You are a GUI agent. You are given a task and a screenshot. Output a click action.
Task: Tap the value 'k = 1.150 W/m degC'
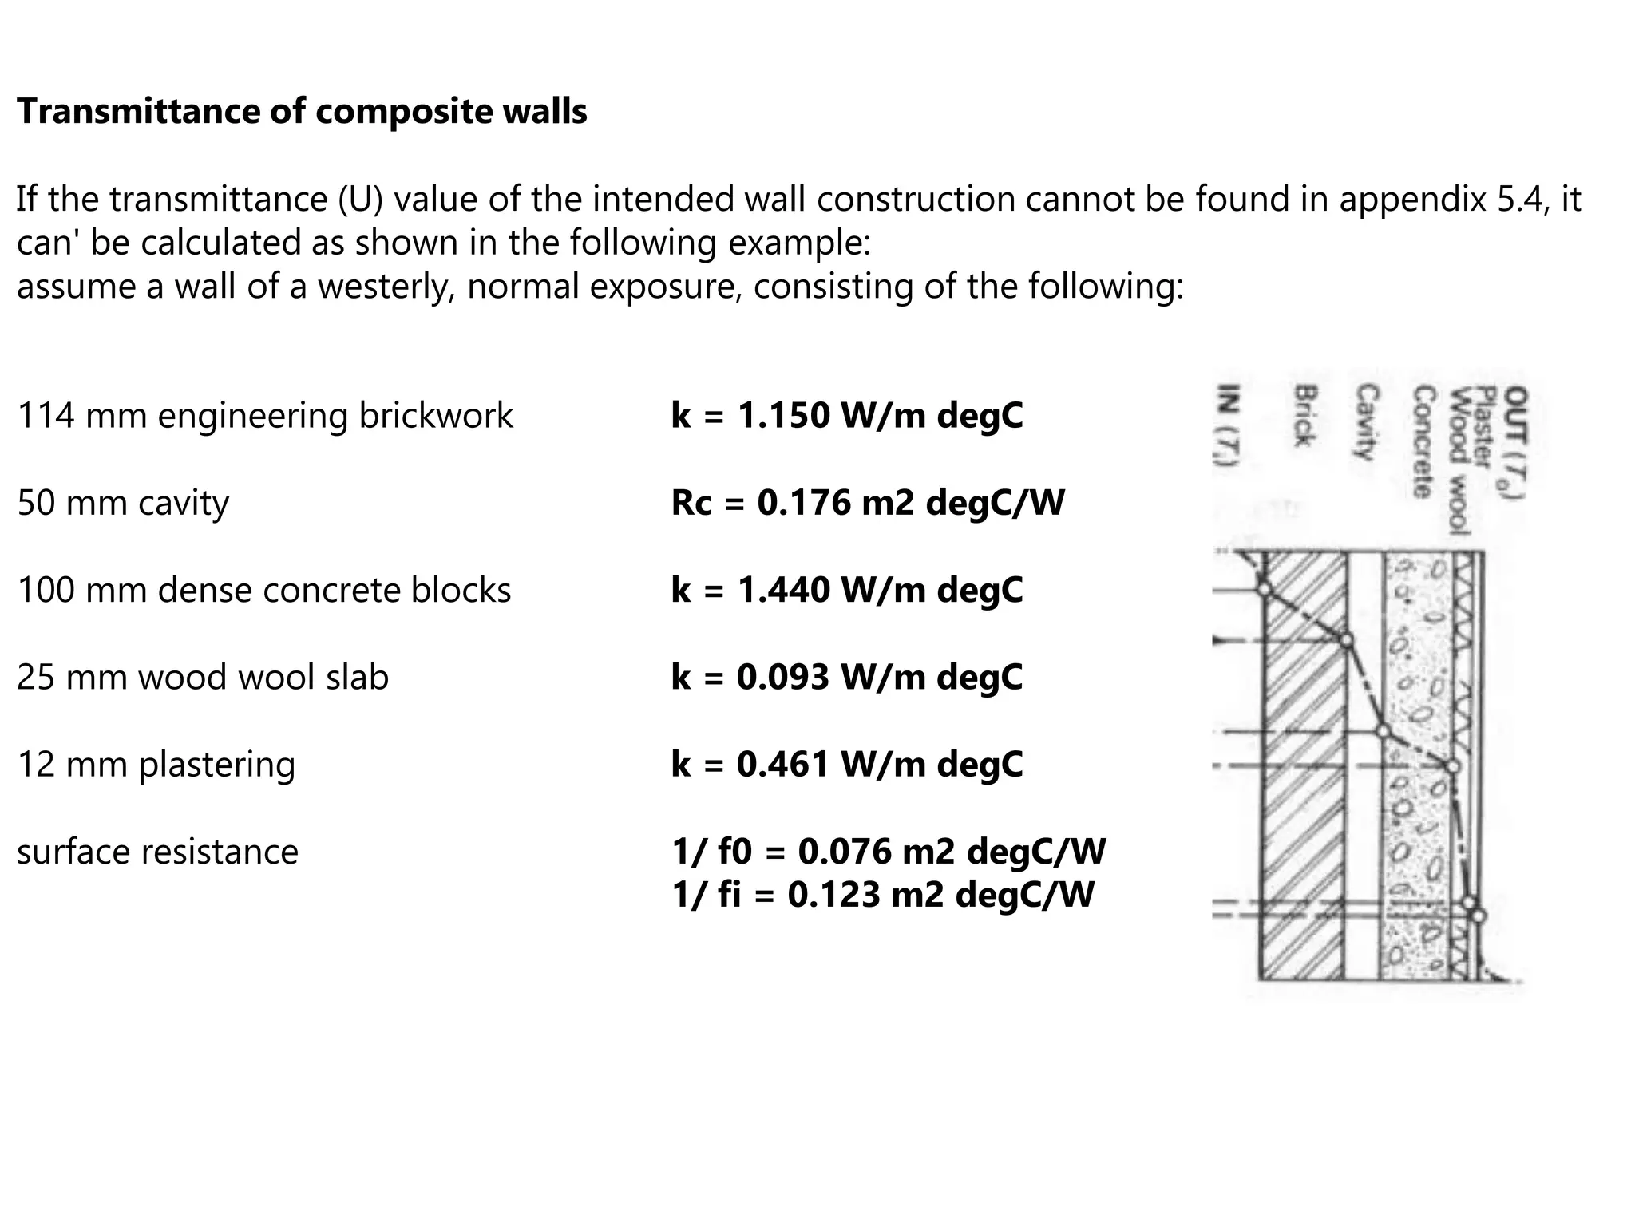tap(846, 416)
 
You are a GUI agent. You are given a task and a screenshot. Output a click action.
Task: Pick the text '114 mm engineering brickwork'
tap(265, 416)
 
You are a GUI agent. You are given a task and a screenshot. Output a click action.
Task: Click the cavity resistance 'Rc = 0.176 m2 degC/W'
tap(868, 503)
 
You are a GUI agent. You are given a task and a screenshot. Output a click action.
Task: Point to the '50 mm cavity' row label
tap(123, 503)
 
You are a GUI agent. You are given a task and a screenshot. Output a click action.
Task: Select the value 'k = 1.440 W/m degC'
tap(846, 590)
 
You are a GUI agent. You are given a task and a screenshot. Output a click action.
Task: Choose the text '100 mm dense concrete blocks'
tap(263, 590)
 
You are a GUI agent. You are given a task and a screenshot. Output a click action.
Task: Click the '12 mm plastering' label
tap(156, 764)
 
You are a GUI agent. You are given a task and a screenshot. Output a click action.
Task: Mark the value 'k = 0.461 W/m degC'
tap(846, 764)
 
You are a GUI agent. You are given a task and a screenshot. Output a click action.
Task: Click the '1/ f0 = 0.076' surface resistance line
tap(889, 852)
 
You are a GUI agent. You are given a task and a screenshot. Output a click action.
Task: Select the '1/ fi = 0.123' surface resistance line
tap(882, 894)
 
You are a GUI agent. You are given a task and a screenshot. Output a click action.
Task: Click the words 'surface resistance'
tap(157, 852)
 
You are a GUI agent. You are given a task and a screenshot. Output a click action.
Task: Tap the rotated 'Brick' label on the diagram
tap(1304, 416)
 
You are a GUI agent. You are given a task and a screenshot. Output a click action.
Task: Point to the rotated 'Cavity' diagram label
tap(1368, 422)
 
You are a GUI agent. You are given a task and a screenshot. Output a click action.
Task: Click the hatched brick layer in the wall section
tap(1303, 766)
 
